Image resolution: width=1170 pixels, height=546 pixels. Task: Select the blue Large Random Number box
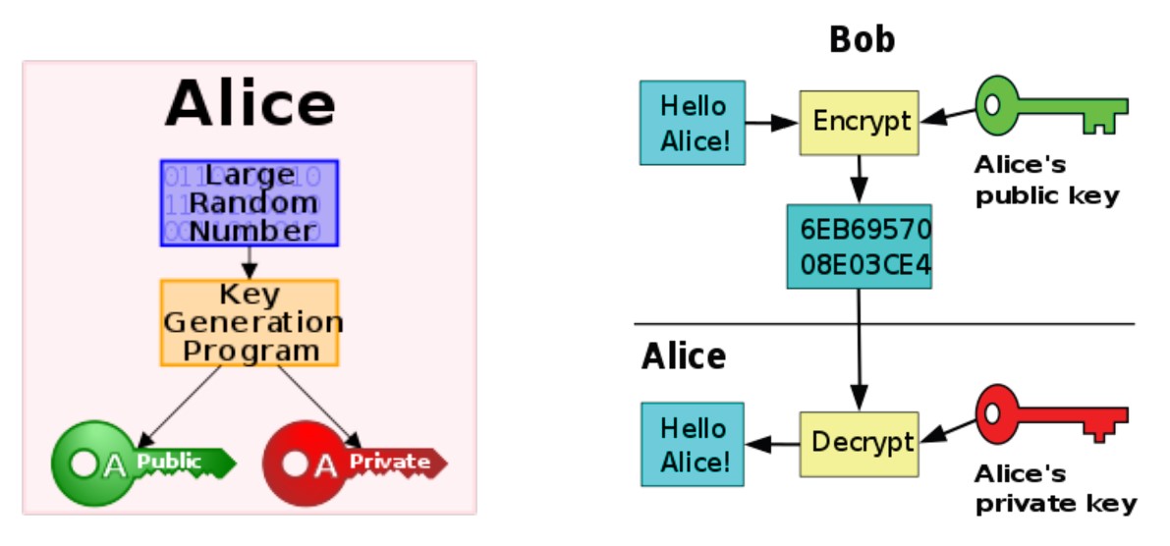pos(250,202)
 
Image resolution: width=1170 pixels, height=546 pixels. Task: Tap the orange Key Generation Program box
pos(250,323)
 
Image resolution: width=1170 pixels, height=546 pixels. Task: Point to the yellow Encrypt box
pos(860,123)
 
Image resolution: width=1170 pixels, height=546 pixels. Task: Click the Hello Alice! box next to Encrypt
pos(693,123)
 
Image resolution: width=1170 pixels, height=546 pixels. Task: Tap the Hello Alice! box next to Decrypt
pos(693,444)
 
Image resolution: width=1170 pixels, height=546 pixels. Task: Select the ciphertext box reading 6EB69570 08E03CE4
pos(859,246)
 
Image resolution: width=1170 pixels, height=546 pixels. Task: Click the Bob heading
pos(862,40)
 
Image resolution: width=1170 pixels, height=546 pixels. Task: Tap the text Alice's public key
pos(1046,180)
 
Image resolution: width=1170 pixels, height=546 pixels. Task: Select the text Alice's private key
pos(1054,490)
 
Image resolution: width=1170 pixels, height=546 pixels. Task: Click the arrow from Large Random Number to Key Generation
pos(250,262)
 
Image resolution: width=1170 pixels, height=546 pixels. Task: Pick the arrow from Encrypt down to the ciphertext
pos(860,181)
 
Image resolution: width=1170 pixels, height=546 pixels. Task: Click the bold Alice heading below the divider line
pos(684,355)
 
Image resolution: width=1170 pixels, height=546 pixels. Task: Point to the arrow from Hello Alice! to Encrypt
pos(772,124)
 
